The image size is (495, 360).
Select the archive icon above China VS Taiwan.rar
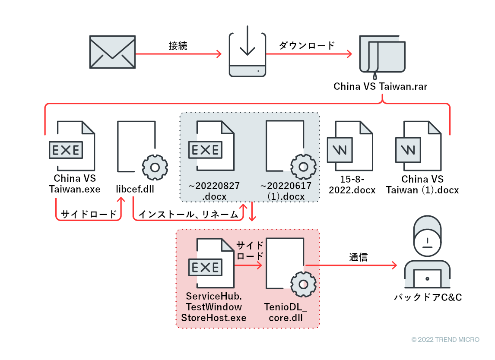[x=382, y=56]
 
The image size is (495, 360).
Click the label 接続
[x=178, y=46]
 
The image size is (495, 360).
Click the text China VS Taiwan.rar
[x=380, y=86]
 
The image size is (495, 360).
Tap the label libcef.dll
[x=135, y=189]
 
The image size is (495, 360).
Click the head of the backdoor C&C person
[x=427, y=240]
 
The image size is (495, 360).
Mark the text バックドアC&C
[x=428, y=297]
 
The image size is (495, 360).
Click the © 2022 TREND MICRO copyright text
[x=445, y=340]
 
